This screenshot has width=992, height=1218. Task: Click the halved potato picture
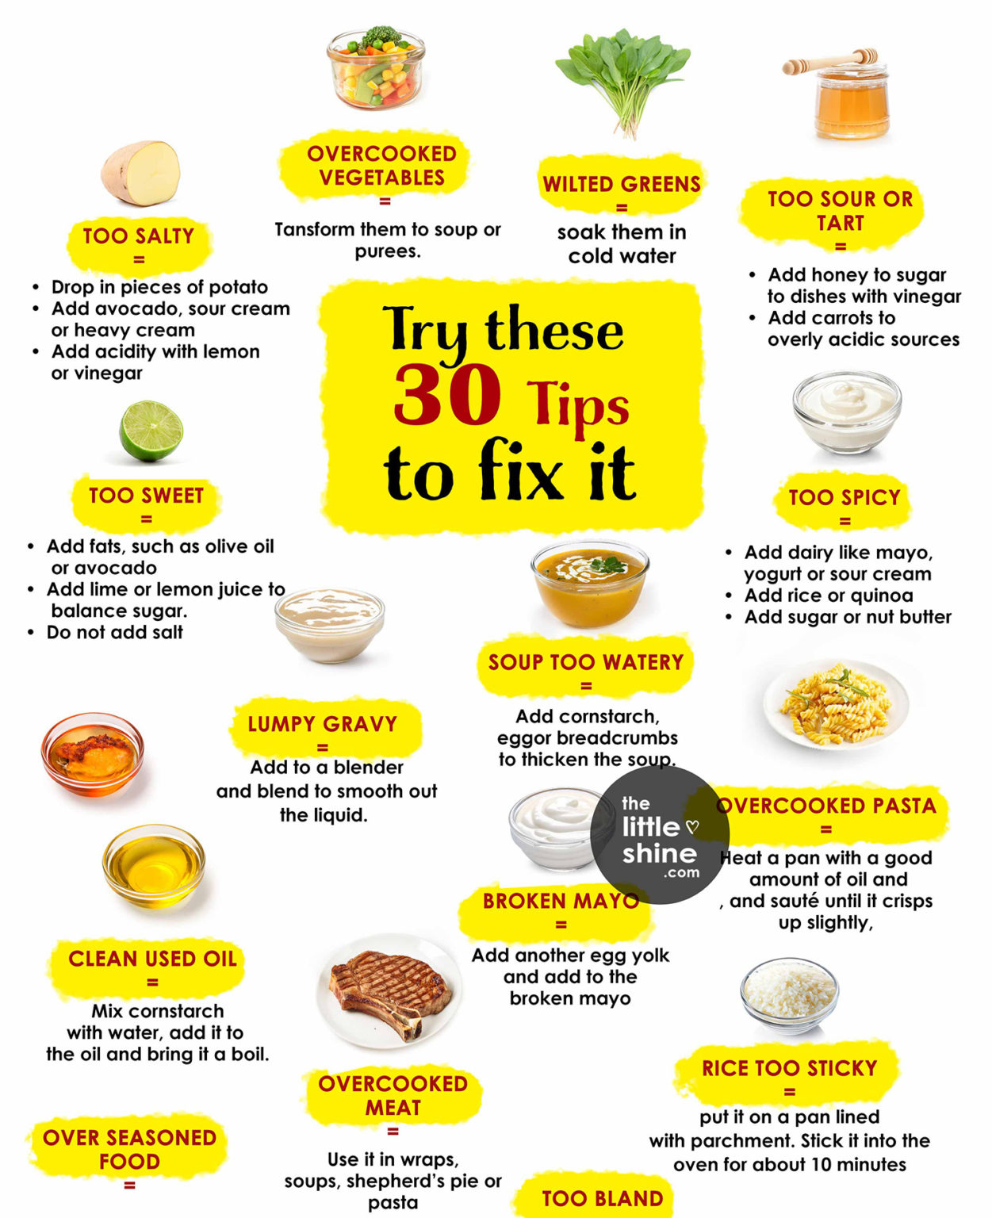140,173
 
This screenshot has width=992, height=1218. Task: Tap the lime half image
151,431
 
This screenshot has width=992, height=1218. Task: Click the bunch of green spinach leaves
621,79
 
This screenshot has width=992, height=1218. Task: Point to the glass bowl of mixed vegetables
375,67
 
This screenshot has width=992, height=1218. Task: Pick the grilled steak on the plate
389,991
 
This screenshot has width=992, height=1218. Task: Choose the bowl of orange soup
589,583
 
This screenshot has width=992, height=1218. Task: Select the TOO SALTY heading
139,236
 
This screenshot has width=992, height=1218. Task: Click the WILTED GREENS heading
622,185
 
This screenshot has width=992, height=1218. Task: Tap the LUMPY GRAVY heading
322,724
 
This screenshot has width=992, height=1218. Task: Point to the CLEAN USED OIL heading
152,959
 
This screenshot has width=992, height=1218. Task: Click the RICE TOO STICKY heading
789,1068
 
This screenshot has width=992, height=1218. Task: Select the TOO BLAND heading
602,1198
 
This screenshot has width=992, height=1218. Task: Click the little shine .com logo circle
660,836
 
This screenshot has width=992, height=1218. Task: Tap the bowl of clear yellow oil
153,865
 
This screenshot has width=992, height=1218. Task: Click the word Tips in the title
578,404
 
